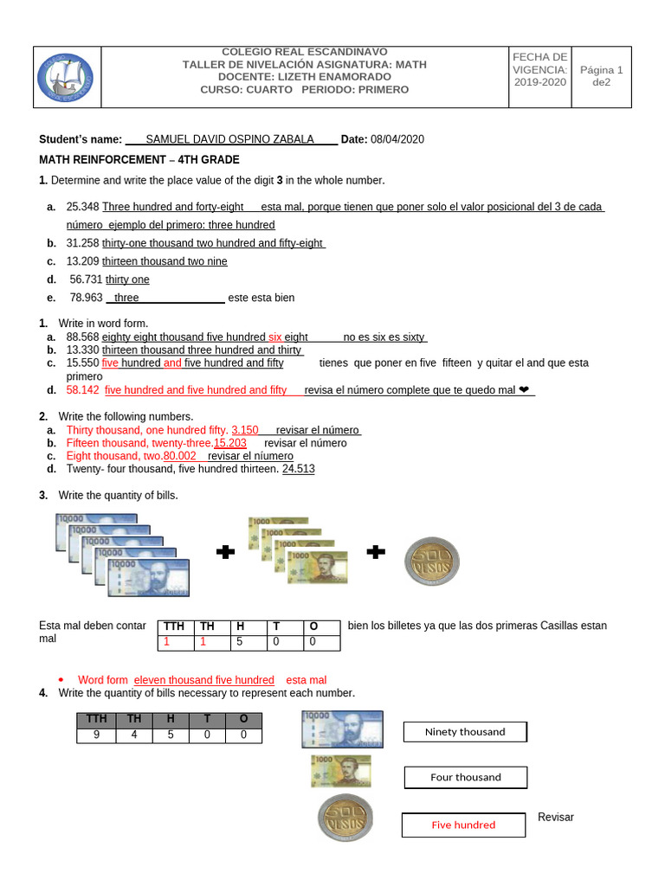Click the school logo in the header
coord(67,77)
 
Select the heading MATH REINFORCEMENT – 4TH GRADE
coord(139,160)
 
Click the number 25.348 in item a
coord(82,207)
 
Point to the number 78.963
coord(86,298)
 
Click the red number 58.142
coord(83,390)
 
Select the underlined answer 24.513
coord(299,469)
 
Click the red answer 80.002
coord(179,456)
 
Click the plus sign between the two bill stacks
coord(226,553)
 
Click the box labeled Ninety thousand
coord(465,732)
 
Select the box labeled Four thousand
coord(465,777)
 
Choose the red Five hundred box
coord(463,825)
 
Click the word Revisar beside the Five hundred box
coord(555,817)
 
